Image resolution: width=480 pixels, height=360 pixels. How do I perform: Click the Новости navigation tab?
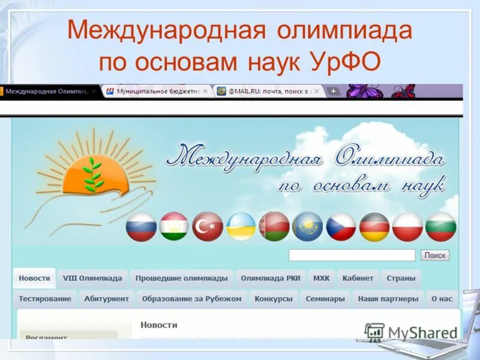click(34, 278)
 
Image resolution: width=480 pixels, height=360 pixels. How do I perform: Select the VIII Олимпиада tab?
click(92, 278)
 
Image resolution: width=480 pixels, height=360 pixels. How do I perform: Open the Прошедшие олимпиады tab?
click(181, 278)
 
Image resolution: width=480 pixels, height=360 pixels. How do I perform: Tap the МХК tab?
click(321, 278)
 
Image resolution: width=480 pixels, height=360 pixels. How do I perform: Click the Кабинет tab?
click(358, 278)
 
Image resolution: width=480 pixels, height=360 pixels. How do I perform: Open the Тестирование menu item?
click(44, 299)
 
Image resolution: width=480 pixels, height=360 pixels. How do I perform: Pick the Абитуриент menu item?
click(107, 299)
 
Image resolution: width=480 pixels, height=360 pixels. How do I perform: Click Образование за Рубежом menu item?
click(192, 299)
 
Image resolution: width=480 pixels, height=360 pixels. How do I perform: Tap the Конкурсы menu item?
click(274, 299)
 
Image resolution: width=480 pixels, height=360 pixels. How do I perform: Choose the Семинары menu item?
click(325, 299)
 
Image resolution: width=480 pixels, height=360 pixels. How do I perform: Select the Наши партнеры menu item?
click(388, 299)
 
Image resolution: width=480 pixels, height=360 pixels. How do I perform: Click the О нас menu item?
click(442, 299)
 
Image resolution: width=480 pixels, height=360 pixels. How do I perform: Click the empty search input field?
click(352, 256)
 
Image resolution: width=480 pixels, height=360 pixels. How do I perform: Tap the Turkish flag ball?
click(208, 227)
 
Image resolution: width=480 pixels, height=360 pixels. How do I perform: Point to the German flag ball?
click(374, 227)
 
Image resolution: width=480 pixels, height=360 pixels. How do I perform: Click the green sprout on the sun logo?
click(92, 173)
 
